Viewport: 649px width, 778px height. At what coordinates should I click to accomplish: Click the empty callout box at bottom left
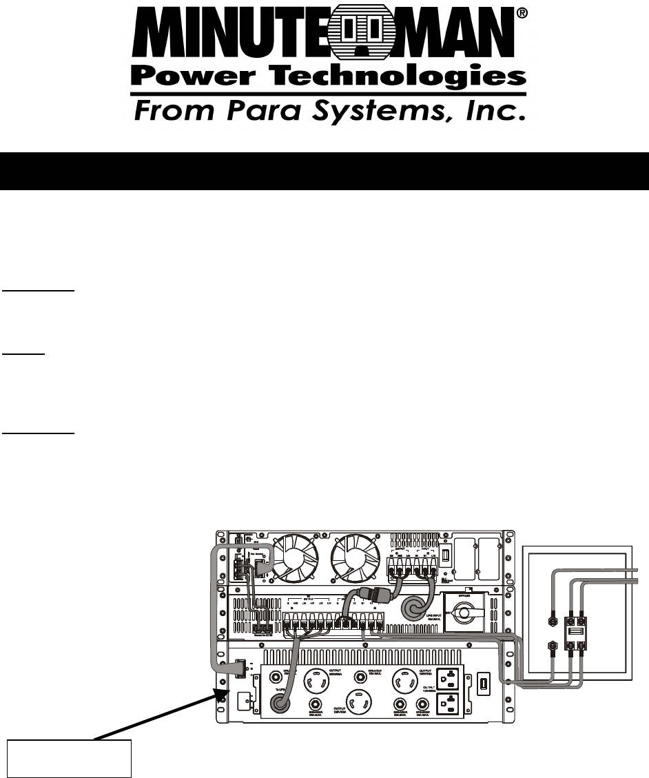(x=69, y=758)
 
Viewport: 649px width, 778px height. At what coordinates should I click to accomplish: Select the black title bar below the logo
(x=324, y=172)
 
